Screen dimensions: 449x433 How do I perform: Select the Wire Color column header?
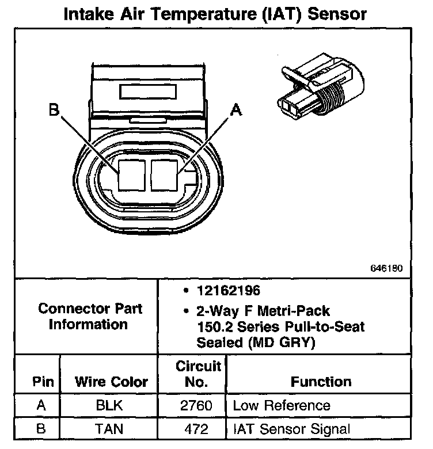(111, 381)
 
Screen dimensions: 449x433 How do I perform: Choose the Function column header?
(321, 381)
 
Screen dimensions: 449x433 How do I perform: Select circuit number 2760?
(196, 405)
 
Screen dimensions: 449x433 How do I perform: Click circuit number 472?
(196, 428)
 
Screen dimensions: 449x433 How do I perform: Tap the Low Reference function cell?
(281, 405)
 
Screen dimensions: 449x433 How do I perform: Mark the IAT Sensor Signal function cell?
(291, 428)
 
